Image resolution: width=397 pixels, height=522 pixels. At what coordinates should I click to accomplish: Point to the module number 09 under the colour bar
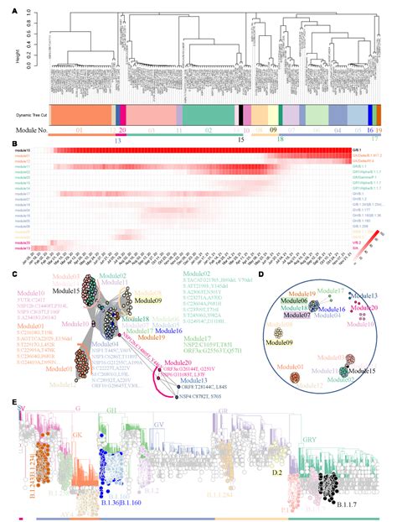point(273,131)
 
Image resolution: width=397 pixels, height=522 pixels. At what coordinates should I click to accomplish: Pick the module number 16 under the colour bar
point(369,131)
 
